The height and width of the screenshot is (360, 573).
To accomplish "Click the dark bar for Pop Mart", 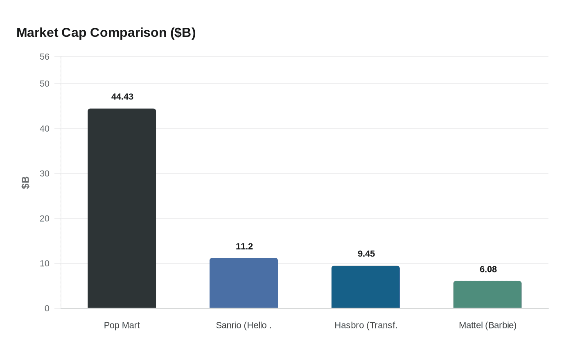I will [122, 208].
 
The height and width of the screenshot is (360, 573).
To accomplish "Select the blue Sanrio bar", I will [244, 283].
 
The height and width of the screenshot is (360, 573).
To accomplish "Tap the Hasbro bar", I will [365, 287].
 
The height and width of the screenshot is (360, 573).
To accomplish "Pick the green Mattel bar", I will [487, 295].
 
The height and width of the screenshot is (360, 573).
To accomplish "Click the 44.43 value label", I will [122, 97].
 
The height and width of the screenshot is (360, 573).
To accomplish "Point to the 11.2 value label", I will [244, 246].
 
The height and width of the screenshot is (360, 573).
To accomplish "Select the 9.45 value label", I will [366, 254].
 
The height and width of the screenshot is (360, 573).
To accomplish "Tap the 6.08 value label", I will [488, 269].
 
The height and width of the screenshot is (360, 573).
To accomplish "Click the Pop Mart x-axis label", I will [122, 325].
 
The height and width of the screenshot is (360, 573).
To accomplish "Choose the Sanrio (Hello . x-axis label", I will [244, 325].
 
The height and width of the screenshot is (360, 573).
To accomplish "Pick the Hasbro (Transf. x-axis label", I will [366, 325].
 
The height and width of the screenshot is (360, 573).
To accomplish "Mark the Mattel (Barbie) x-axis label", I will [487, 325].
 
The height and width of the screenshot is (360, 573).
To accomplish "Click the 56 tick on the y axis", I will [45, 57].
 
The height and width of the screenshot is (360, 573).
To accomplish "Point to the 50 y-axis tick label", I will [45, 84].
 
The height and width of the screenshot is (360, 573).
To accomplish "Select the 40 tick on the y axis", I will [45, 129].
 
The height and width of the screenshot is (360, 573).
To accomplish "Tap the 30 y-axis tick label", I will [45, 174].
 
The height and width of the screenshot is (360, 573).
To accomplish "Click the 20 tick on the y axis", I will [45, 219].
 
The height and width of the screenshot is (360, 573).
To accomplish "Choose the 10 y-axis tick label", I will [45, 264].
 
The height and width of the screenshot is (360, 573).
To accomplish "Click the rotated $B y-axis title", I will [25, 182].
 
